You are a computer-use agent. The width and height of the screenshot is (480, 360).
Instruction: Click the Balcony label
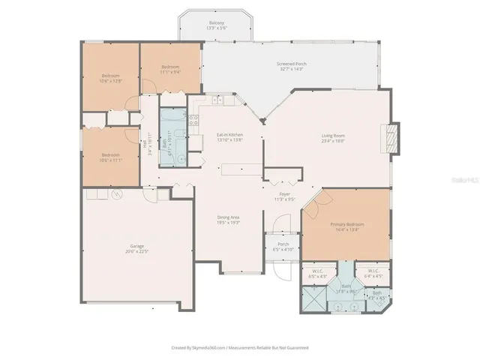tap(216, 25)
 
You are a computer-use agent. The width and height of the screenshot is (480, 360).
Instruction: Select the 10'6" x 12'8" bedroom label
tap(111, 78)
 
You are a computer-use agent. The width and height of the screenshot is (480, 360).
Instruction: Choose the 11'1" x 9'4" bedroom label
tap(169, 70)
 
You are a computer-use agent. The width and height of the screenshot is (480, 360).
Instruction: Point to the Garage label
tap(136, 248)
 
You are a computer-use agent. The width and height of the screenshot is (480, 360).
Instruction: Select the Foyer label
tap(280, 197)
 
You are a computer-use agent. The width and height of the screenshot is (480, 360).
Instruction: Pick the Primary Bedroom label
tap(347, 226)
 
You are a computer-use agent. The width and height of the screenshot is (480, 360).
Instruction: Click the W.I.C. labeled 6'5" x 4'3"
tap(317, 274)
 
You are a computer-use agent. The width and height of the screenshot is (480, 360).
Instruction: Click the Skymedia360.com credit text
tap(239, 348)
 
